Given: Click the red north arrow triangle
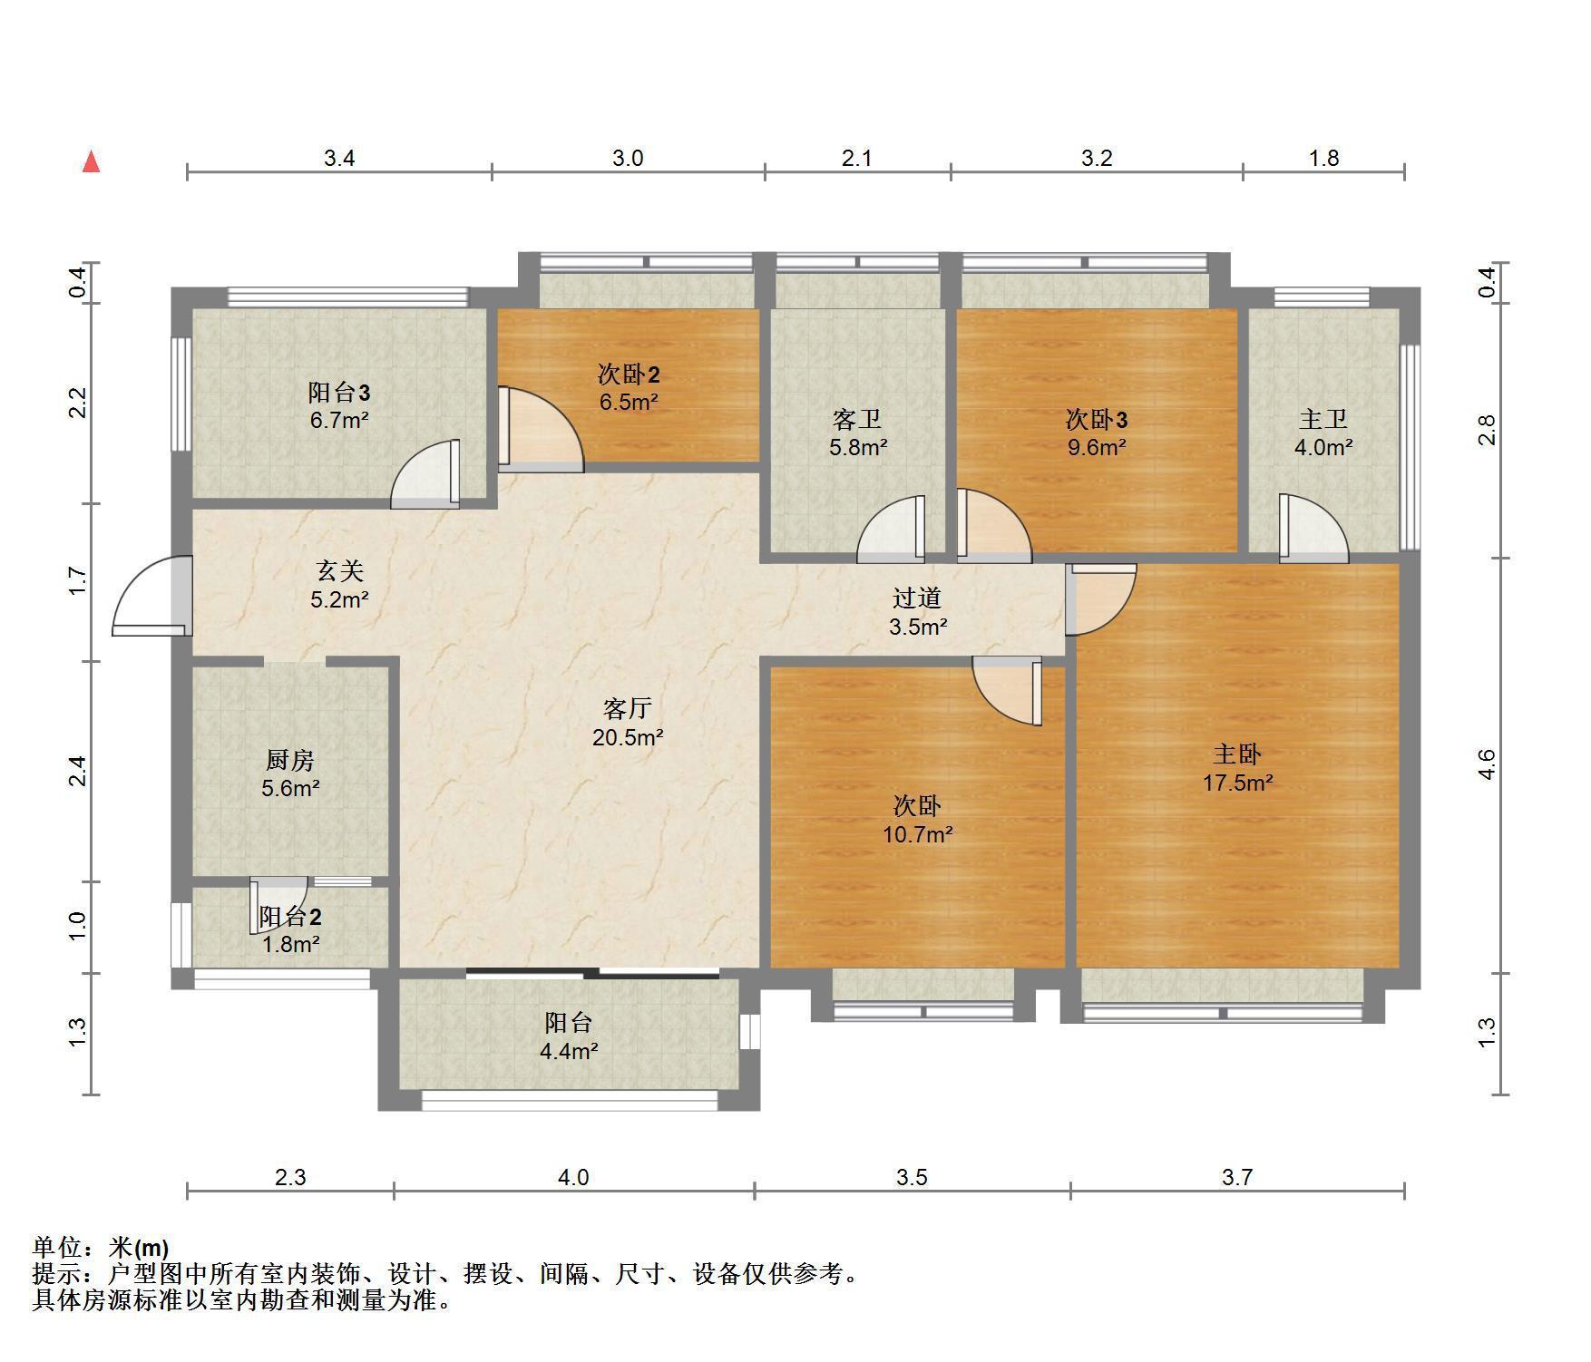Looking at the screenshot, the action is pos(91,162).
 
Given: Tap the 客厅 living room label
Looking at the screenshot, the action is pos(628,708).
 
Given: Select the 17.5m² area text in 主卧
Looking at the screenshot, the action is pos(1237,783).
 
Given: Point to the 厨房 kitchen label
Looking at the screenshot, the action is pos(290,760).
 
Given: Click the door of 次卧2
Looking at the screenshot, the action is pos(541,430).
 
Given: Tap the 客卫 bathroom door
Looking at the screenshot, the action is pos(891,526).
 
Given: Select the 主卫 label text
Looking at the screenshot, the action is pos(1323,420).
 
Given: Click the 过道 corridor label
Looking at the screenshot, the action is pos(917,598).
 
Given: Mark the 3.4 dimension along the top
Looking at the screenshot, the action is pos(339,159).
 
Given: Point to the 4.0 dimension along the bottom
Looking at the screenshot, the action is pos(572,1177).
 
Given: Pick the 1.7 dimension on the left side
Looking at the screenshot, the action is pos(77,581).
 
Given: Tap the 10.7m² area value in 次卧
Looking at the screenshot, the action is pos(917,834).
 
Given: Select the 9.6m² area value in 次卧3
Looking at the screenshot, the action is pos(1097,447).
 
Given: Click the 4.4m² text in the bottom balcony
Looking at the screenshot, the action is pos(569,1052).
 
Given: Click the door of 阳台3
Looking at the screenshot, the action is pos(425,473).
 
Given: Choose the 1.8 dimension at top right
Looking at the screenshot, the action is pos(1323,159).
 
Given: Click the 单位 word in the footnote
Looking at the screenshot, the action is pos(57,1248).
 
